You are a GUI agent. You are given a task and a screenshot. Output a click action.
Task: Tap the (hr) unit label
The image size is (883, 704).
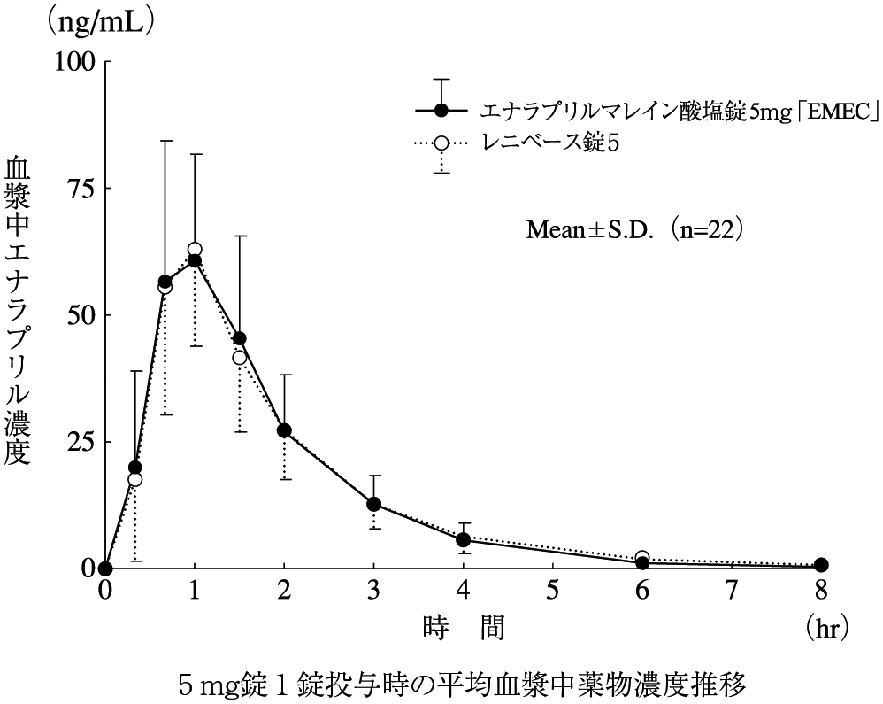click(828, 628)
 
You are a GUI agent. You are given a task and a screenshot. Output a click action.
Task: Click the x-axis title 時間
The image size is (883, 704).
click(464, 628)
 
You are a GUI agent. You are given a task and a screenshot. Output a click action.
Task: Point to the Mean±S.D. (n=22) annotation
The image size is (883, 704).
click(634, 229)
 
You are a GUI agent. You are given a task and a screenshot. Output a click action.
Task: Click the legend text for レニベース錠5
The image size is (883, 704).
click(548, 142)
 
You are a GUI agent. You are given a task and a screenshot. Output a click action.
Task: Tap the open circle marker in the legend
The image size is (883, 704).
click(442, 142)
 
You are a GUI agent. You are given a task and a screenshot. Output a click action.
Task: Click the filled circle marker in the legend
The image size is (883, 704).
click(442, 111)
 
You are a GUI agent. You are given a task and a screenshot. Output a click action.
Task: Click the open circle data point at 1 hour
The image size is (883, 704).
click(195, 250)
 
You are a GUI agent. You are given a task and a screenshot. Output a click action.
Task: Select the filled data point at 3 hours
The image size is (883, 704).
click(374, 505)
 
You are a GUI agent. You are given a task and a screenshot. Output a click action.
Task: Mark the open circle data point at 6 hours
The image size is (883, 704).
click(642, 559)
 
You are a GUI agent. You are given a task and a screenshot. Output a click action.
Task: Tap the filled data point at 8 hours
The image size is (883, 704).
click(821, 565)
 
